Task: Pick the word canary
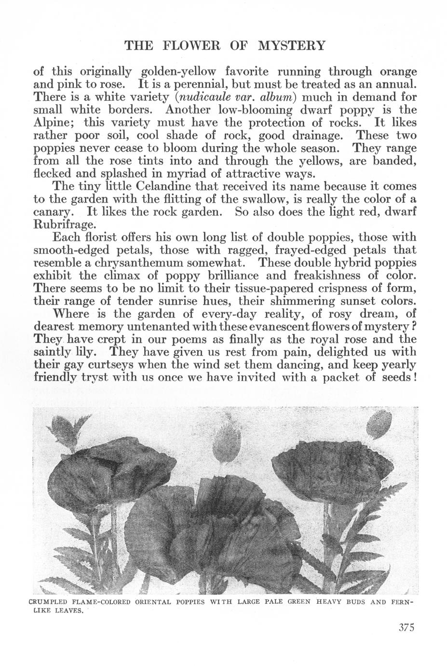click(x=53, y=211)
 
